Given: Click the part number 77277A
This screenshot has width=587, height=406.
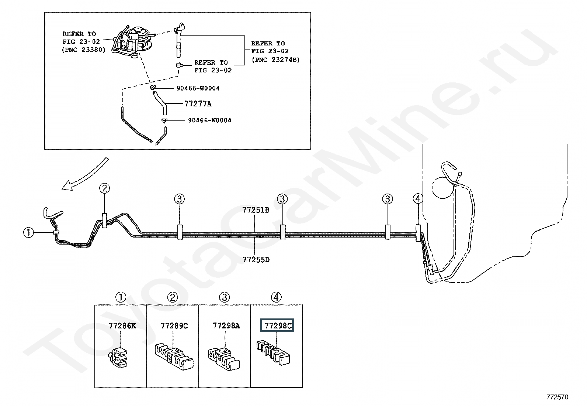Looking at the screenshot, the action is [x=198, y=104].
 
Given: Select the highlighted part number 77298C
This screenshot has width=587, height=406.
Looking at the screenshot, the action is [x=278, y=325].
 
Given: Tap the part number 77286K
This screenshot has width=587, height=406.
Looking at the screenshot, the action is [x=122, y=325].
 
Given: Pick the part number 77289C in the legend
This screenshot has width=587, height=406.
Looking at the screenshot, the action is [x=174, y=325].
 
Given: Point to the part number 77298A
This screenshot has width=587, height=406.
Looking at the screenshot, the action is [x=226, y=325].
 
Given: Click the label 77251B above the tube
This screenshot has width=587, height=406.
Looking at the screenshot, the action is [x=256, y=210].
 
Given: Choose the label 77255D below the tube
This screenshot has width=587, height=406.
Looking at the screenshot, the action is [x=256, y=260].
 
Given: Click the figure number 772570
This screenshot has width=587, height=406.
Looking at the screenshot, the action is [x=558, y=397].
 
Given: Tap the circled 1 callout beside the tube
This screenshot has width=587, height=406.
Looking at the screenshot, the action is [x=28, y=232].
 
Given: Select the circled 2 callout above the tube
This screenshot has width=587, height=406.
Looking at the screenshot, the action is [x=104, y=188].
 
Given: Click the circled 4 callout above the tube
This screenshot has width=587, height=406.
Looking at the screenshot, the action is [x=418, y=198].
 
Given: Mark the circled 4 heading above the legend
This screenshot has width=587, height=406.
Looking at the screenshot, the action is [x=276, y=297].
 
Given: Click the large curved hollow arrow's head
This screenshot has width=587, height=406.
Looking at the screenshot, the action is [x=67, y=185].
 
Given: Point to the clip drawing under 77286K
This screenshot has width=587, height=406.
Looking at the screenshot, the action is [x=118, y=357].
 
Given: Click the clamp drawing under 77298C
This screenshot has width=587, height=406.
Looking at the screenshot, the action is [x=274, y=352].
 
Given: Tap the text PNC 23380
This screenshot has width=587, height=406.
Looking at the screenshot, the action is [x=84, y=50].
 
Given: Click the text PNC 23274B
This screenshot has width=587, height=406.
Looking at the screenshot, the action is [x=276, y=59].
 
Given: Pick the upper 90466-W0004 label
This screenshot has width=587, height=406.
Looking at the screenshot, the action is [x=198, y=88].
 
